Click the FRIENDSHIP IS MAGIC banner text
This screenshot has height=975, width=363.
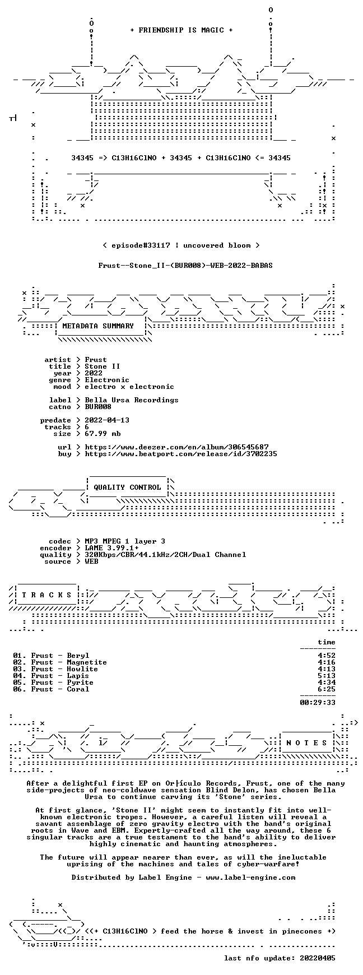182,30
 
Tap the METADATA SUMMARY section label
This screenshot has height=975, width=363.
98,326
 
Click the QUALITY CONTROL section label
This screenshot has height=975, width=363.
127,487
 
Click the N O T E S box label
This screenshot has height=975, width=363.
307,743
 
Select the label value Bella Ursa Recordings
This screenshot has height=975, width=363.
132,400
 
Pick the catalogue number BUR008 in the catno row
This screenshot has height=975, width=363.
98,407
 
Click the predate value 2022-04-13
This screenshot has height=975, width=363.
107,420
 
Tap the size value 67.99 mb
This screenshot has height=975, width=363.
103,434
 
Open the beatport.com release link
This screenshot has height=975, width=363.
181,454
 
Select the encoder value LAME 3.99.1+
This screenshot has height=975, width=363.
111,548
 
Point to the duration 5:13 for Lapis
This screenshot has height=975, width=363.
327,676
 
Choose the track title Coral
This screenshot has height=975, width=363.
78,689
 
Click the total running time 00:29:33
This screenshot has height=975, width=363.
318,703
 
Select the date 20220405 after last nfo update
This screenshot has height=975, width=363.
318,958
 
